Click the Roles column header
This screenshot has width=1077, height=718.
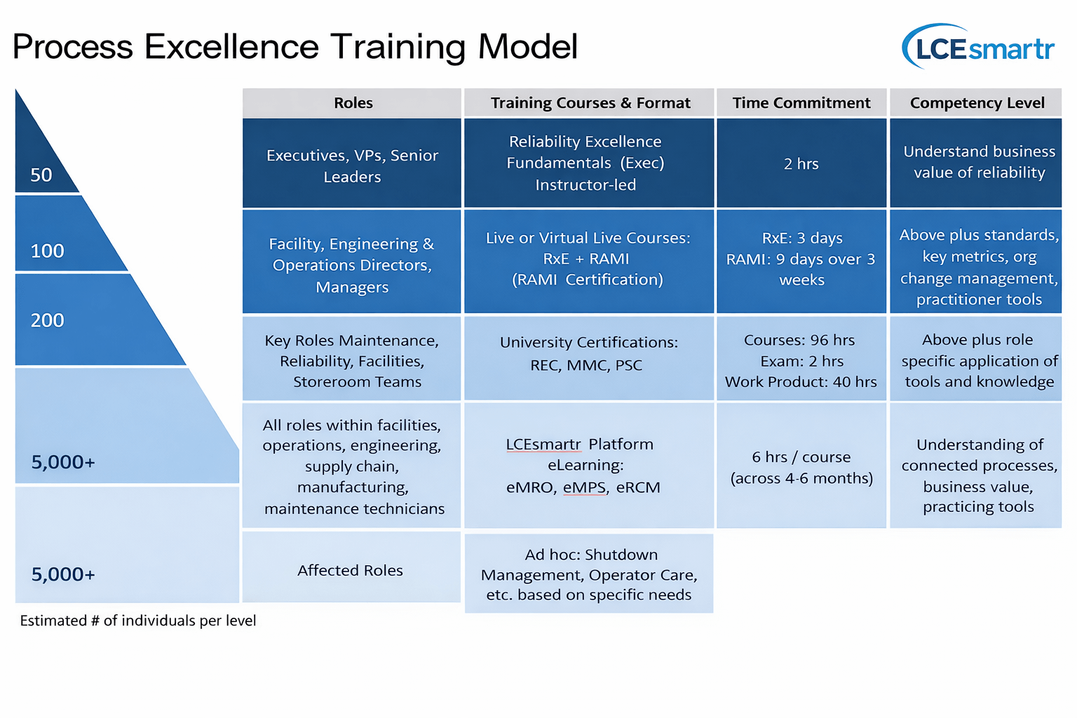(352, 103)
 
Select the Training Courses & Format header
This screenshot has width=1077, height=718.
(589, 103)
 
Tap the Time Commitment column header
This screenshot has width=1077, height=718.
(801, 103)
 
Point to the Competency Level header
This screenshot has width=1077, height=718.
(976, 103)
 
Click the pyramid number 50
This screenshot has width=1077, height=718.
(41, 175)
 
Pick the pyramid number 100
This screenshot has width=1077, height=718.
(47, 250)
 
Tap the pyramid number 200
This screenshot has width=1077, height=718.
(47, 320)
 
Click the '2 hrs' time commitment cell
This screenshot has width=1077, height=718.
(801, 163)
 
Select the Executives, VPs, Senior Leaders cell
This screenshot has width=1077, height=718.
(352, 163)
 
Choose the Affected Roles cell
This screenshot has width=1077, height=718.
(351, 567)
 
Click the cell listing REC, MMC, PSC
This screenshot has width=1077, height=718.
(589, 358)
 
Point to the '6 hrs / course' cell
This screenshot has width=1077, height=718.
(801, 465)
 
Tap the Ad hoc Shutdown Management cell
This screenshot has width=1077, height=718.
(589, 574)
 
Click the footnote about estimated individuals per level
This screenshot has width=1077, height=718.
(138, 621)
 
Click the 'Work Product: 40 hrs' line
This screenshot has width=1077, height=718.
(801, 382)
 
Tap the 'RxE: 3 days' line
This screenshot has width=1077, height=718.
(802, 238)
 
